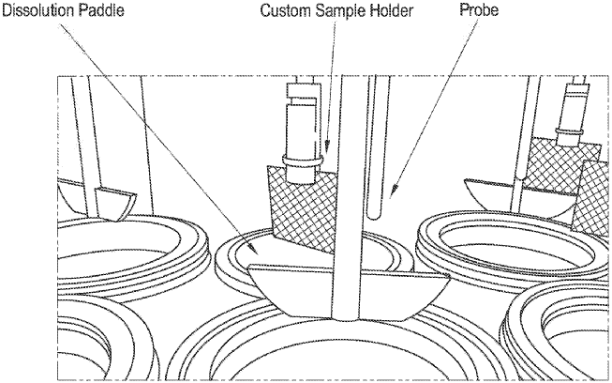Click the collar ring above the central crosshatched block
pyautogui.click(x=301, y=170)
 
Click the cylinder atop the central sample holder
pyautogui.click(x=304, y=123)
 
